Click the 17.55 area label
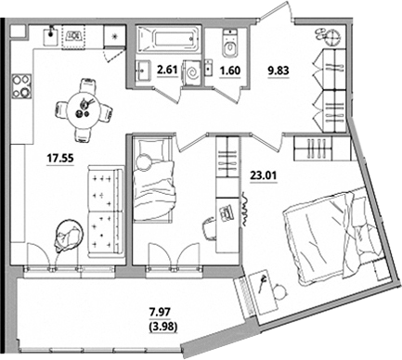tap(60, 159)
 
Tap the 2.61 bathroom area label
tap(167, 70)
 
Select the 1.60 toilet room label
tap(229, 71)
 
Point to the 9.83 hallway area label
tap(279, 71)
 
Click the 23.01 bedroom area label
tap(264, 175)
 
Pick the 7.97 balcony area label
tap(160, 312)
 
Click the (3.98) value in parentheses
tap(163, 327)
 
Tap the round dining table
tap(84, 109)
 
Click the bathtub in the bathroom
tap(168, 39)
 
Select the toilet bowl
tap(230, 44)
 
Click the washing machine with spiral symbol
tap(192, 72)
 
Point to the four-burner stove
tap(21, 86)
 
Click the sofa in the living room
tap(106, 212)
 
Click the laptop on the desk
tap(227, 213)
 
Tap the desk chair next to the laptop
tap(210, 227)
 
